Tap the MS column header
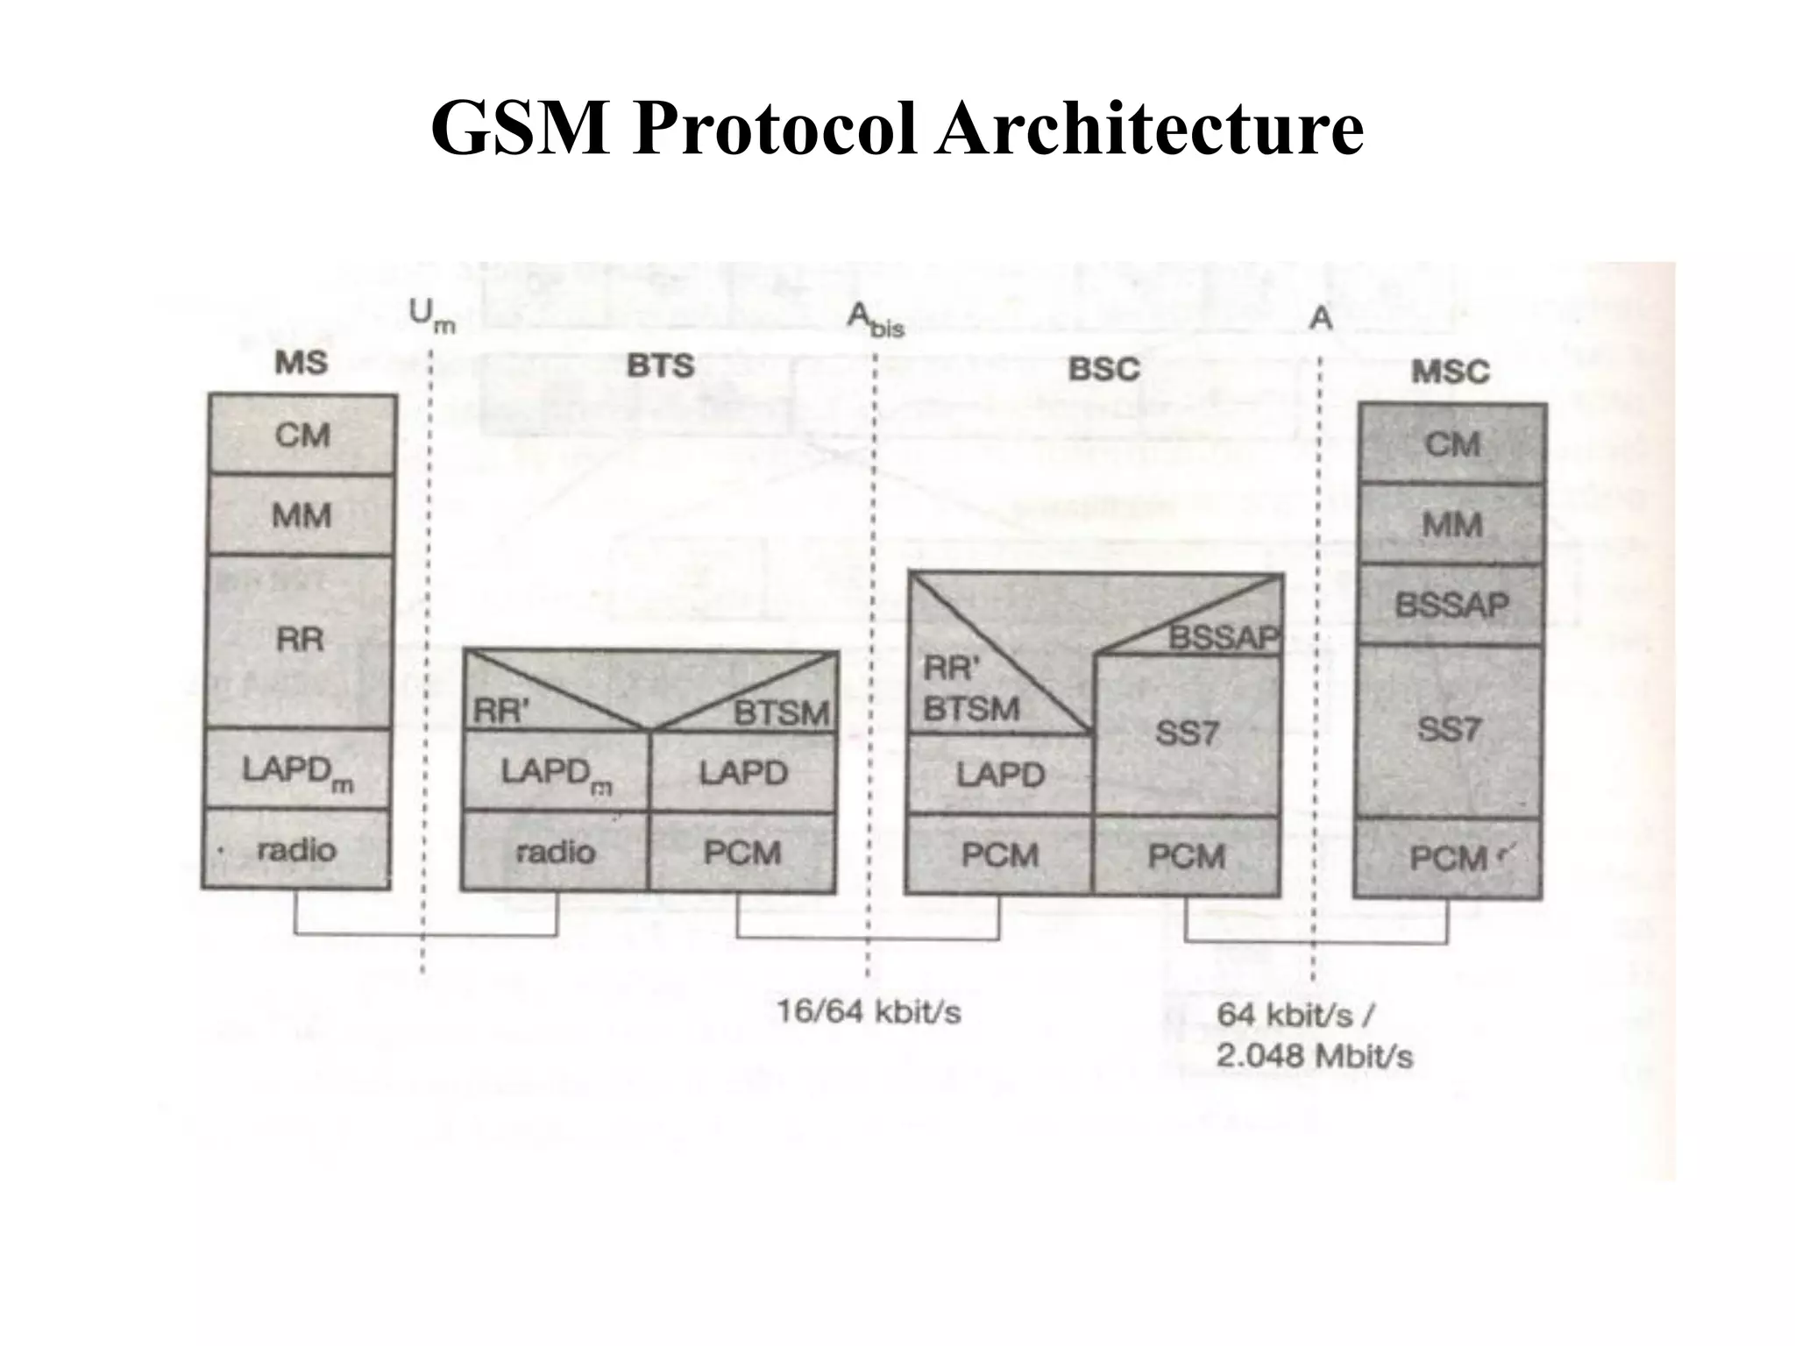click(x=301, y=362)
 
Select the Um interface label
click(x=432, y=316)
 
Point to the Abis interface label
click(x=875, y=320)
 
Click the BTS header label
click(x=660, y=365)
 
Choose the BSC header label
click(x=1103, y=369)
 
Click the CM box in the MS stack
click(x=302, y=435)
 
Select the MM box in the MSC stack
click(x=1451, y=525)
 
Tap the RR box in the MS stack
click(x=300, y=640)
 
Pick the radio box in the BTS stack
click(x=556, y=852)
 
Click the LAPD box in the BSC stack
click(x=1000, y=775)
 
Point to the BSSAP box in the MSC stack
click(x=1451, y=605)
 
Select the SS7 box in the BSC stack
click(x=1187, y=733)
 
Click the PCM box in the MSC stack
click(x=1448, y=858)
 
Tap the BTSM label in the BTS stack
click(x=781, y=713)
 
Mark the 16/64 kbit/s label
click(x=869, y=1012)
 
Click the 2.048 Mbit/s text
click(x=1314, y=1056)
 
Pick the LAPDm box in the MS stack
click(x=298, y=770)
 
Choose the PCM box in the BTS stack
click(x=742, y=852)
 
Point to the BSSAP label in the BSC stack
click(x=1224, y=638)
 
